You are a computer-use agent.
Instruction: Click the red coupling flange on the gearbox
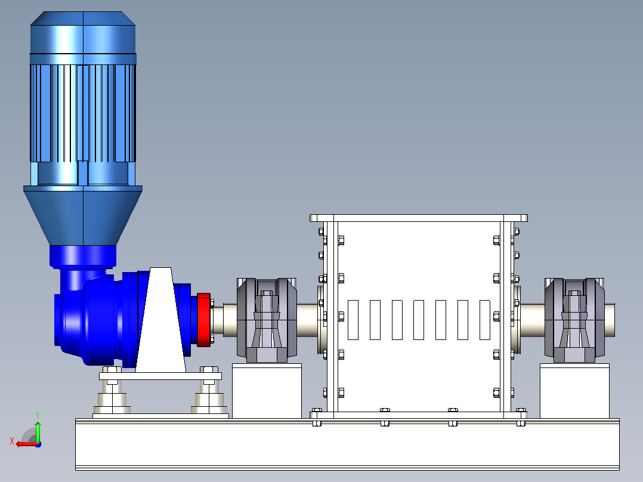coord(204,320)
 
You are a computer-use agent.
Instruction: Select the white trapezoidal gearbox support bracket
coord(161,320)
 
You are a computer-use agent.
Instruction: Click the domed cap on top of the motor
coord(83,32)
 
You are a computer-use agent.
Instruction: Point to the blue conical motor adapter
coord(83,215)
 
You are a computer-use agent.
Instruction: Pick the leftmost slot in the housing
coord(353,320)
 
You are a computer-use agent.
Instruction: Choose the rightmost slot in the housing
coord(485,320)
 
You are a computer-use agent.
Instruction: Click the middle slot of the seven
coord(419,320)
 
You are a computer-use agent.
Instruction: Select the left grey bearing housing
coord(267,320)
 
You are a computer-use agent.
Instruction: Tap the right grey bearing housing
coord(574,320)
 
